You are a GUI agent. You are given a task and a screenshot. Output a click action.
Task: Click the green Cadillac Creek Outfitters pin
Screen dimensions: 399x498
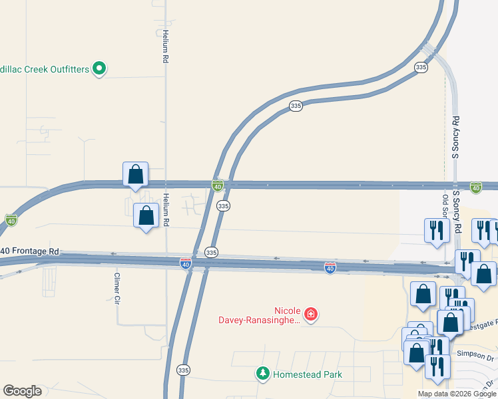99,68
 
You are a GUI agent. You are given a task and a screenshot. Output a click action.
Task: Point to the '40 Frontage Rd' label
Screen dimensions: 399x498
30,251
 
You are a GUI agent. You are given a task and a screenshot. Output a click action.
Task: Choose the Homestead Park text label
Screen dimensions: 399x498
306,374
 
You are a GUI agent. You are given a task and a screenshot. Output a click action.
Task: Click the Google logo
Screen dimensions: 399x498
22,391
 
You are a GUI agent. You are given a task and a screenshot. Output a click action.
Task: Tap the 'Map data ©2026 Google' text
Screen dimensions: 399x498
457,394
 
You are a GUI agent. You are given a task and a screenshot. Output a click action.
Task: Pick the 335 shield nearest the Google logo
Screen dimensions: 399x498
184,369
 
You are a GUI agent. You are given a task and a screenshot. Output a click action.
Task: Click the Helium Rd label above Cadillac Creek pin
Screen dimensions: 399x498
164,47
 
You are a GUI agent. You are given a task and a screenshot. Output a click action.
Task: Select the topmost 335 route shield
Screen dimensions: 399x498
420,68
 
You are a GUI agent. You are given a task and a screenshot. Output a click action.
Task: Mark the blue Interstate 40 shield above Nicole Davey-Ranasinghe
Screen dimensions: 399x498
330,267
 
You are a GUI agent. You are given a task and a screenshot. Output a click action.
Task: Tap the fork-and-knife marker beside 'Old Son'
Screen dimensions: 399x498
436,230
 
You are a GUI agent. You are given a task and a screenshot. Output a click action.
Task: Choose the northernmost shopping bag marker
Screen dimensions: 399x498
135,174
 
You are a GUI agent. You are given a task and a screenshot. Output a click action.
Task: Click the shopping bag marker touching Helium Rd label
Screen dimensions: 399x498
146,215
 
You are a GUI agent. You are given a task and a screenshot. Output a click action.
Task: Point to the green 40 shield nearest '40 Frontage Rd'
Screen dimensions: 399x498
11,219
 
